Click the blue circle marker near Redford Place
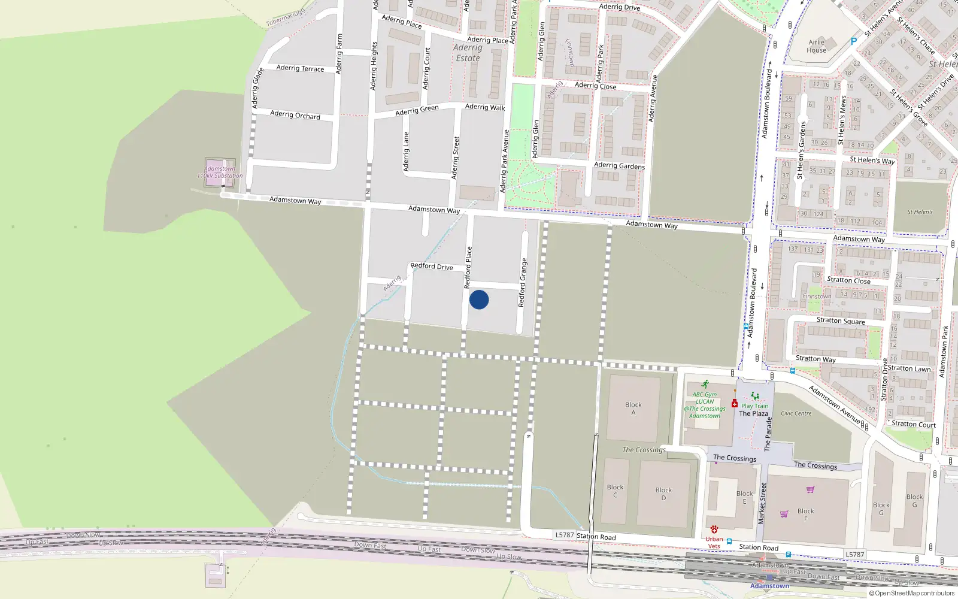pos(479,299)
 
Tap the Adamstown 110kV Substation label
pos(220,173)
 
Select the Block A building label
pos(633,409)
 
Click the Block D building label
pos(663,494)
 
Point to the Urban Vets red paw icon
pos(714,530)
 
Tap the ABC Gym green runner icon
pos(705,385)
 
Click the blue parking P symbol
pos(854,41)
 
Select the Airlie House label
pos(817,46)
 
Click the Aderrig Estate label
pos(468,53)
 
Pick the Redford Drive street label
pos(432,266)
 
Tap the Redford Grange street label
pos(523,283)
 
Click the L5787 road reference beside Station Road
pos(564,535)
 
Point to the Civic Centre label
pos(796,413)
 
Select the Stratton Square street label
pos(841,320)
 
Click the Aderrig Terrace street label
pos(300,68)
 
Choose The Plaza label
pos(753,413)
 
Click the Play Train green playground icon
pos(754,397)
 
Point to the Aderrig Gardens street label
pos(619,165)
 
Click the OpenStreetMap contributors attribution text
pos(912,594)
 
